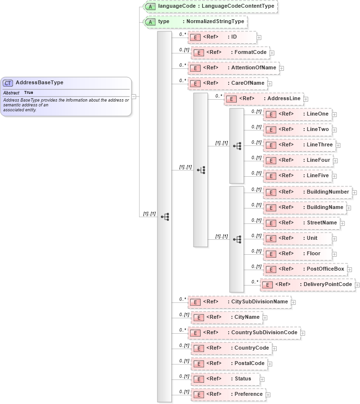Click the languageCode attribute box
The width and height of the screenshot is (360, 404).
pyautogui.click(x=210, y=6)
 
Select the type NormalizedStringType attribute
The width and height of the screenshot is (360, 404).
pyautogui.click(x=195, y=22)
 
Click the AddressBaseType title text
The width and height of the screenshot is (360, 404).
pyautogui.click(x=39, y=83)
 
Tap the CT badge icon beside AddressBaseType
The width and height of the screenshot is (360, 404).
pyautogui.click(x=8, y=83)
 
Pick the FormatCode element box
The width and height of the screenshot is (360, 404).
pyautogui.click(x=230, y=52)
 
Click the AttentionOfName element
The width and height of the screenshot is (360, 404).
pyautogui.click(x=233, y=68)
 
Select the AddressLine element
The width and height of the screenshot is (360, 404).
pyautogui.click(x=263, y=99)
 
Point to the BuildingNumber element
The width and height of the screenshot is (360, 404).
pyautogui.click(x=307, y=192)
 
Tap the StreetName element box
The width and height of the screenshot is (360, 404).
pyautogui.click(x=301, y=223)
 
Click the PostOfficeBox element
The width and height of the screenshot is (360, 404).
pyautogui.click(x=305, y=269)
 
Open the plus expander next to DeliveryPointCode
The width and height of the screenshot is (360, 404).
pyautogui.click(x=358, y=285)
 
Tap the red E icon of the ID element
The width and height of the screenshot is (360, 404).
pyautogui.click(x=195, y=38)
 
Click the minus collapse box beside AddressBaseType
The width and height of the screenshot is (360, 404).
pyautogui.click(x=133, y=96)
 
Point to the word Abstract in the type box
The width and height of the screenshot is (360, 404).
pyautogui.click(x=12, y=92)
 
